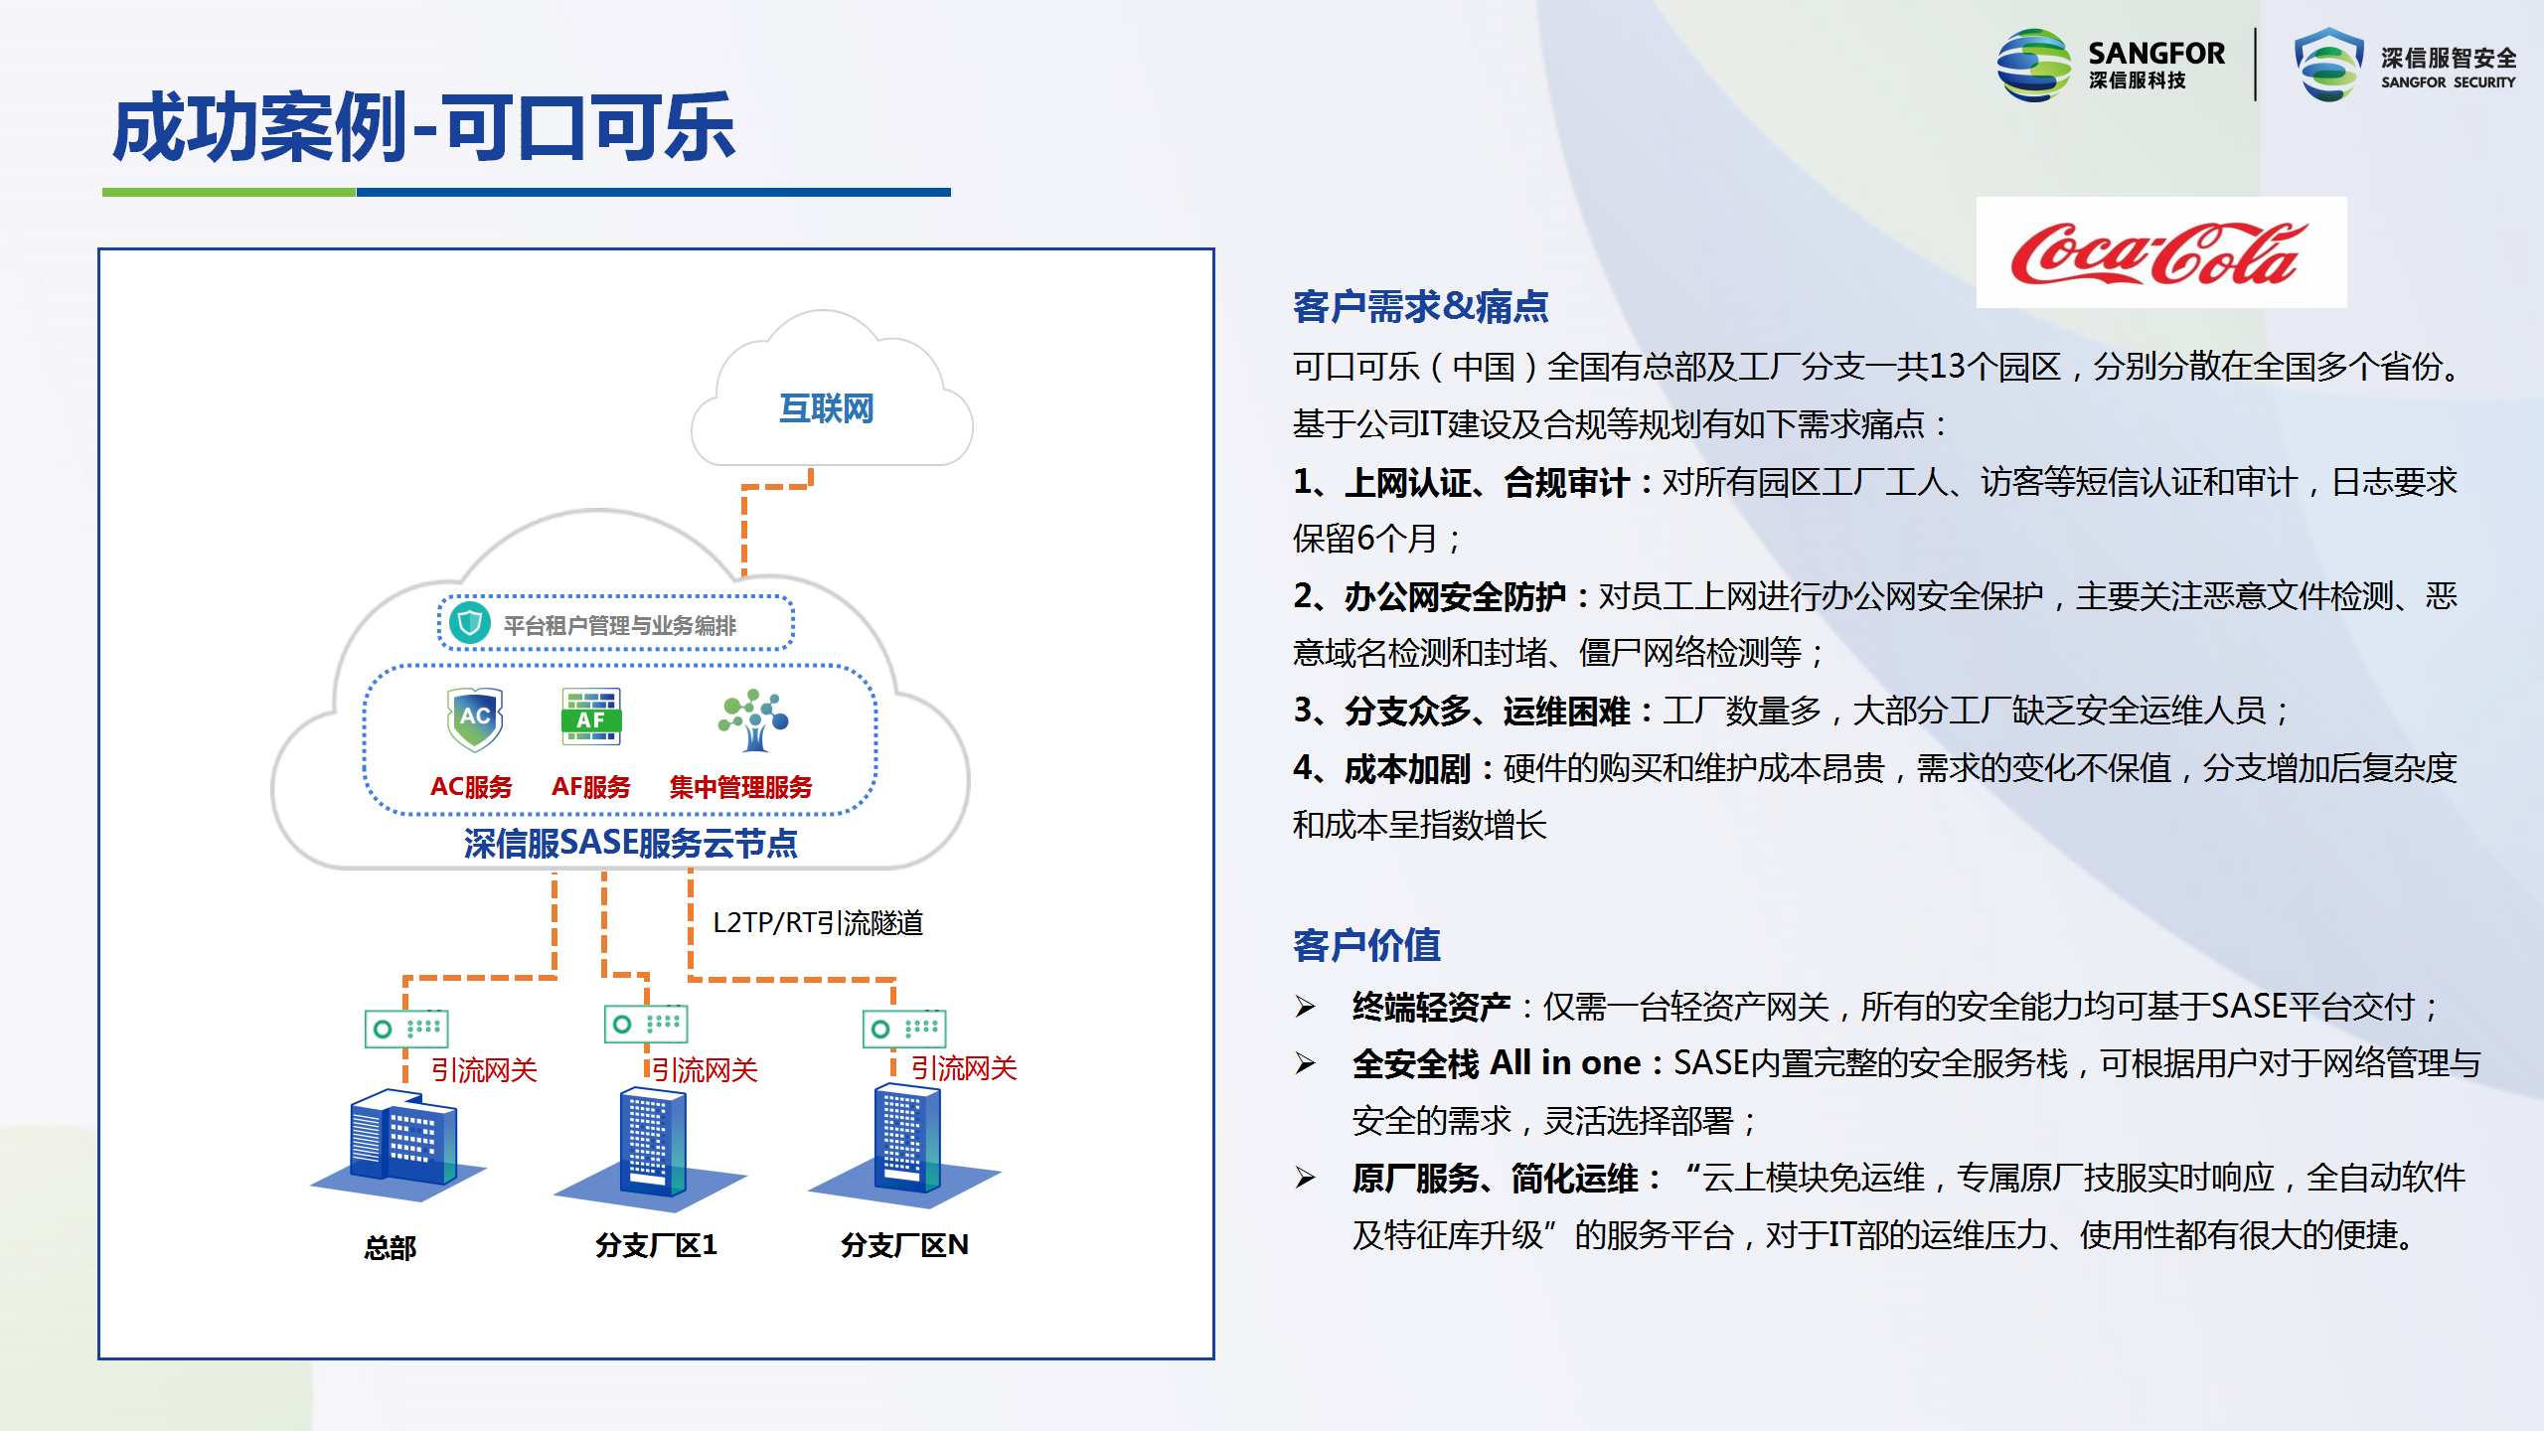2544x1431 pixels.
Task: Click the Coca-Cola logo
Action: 2160,252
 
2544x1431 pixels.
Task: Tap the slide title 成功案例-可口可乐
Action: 424,128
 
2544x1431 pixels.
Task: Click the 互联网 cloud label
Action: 826,408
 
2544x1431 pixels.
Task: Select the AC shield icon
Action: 475,718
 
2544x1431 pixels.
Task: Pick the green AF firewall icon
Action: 591,716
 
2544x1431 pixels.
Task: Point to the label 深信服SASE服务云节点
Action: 630,843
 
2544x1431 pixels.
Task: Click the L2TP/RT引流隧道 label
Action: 818,922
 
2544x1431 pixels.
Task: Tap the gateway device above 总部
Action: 406,1028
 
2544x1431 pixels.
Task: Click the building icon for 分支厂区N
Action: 905,1143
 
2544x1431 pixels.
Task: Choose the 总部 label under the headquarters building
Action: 391,1247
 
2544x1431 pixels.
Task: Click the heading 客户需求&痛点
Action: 1421,306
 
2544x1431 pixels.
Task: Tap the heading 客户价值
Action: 1366,945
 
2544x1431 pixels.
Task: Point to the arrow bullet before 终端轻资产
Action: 1306,1008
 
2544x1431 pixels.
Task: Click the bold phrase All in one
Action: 1565,1063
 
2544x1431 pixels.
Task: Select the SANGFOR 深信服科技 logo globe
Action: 2034,65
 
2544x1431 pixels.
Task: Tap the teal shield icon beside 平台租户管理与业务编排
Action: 470,623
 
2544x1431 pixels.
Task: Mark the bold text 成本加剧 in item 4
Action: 1407,768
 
